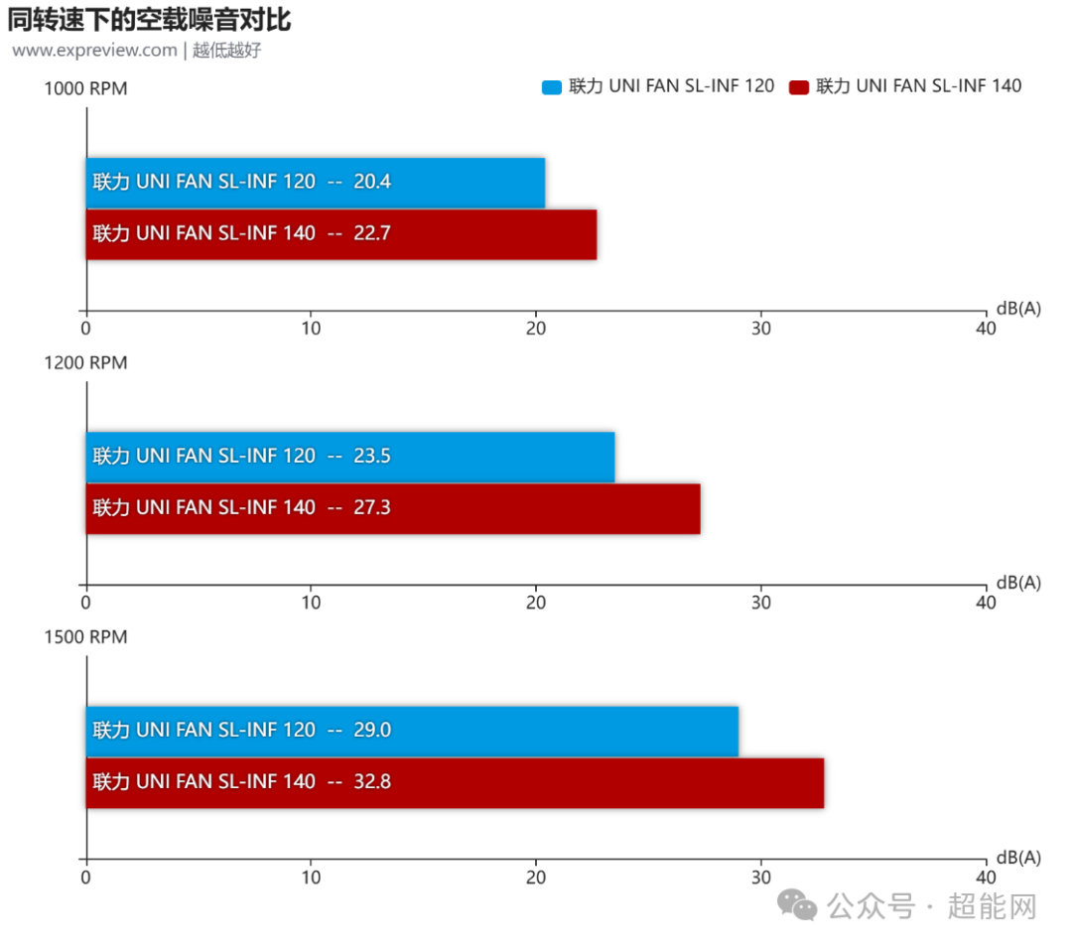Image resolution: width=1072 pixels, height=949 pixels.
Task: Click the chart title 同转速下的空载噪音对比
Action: [149, 19]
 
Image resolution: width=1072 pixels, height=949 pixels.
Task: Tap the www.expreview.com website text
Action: [94, 50]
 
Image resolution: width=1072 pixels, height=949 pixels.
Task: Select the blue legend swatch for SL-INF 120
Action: [551, 86]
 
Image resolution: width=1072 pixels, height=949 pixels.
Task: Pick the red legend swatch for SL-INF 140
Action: [798, 86]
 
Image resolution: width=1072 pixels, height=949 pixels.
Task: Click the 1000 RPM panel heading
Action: [85, 88]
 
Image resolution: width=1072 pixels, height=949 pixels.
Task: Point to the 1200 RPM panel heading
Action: [85, 362]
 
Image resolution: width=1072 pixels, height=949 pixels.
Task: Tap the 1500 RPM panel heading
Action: [85, 636]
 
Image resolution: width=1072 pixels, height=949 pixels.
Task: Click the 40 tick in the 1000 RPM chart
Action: [986, 328]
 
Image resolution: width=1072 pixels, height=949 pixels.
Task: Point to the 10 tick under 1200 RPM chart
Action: [311, 602]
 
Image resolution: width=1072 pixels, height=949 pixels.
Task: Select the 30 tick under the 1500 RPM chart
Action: [761, 877]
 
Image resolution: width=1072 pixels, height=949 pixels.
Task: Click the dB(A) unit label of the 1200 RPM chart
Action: [1018, 583]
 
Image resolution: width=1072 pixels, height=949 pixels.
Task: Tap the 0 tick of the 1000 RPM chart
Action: [86, 328]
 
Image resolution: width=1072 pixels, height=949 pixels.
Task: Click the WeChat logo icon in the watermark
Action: [797, 903]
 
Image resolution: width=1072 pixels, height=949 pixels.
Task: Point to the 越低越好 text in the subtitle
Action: [226, 50]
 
